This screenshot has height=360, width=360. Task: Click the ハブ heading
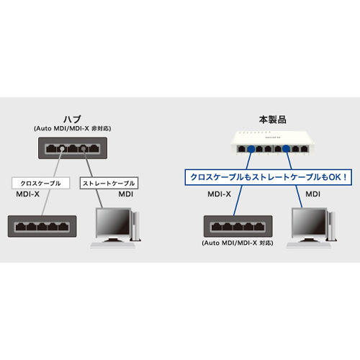tap(72, 120)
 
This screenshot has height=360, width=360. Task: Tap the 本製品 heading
tap(273, 120)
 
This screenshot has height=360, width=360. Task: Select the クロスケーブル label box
tap(41, 183)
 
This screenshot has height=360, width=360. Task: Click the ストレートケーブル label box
tap(109, 183)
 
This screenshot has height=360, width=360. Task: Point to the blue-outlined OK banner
tap(269, 177)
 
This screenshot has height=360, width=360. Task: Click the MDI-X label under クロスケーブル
tap(27, 194)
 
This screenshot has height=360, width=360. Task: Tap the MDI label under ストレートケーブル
tap(125, 194)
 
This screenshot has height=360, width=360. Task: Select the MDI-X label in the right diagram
tap(219, 194)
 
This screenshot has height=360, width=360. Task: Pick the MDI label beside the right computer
tap(312, 194)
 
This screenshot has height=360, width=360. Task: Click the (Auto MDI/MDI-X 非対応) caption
tap(72, 128)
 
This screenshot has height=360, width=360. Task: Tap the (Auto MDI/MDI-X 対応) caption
tap(238, 243)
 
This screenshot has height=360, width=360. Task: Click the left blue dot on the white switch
tap(251, 149)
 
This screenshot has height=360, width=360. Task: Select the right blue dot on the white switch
tap(286, 149)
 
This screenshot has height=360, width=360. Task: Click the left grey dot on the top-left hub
tap(62, 149)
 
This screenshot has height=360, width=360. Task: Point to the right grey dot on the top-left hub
tap(84, 149)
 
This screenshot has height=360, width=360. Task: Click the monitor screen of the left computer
tap(113, 222)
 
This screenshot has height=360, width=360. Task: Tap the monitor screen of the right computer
tap(309, 222)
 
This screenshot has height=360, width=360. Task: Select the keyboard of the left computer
tap(113, 245)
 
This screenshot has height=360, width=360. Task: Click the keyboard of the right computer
tap(309, 245)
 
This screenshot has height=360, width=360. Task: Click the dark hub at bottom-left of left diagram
tap(42, 226)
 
